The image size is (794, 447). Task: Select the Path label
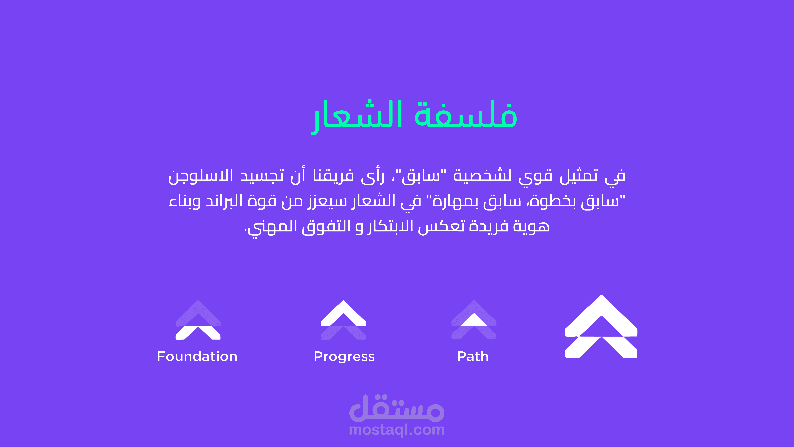click(473, 357)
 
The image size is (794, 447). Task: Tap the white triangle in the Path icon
click(474, 321)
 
